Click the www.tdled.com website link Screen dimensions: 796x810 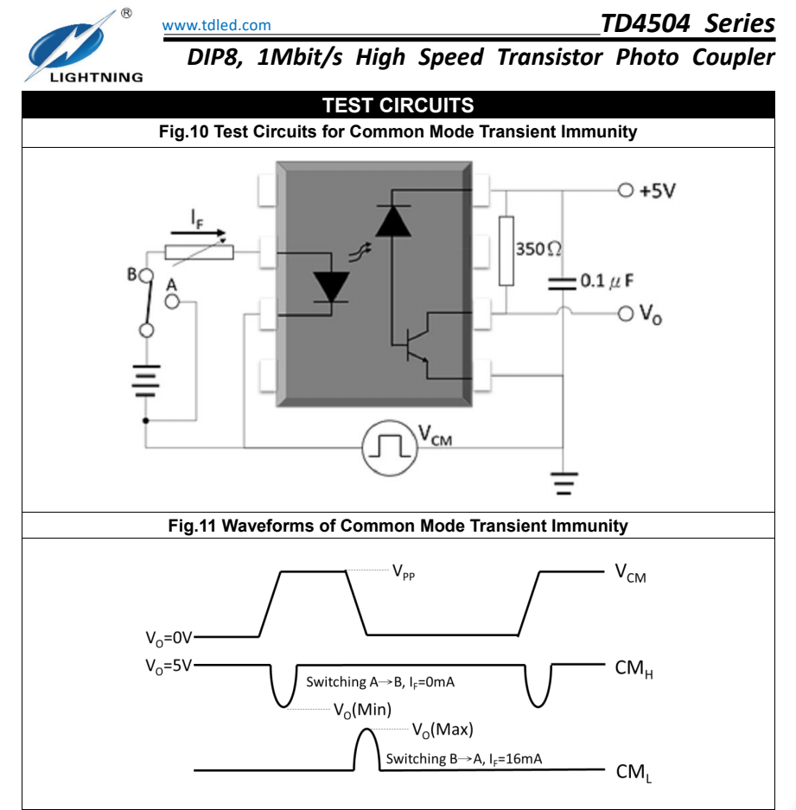coord(216,25)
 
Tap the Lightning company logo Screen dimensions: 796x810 coord(83,47)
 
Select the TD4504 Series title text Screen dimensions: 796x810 coord(687,23)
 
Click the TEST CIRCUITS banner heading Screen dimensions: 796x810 coord(398,105)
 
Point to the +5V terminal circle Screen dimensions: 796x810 coord(626,191)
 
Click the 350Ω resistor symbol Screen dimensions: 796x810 coord(506,251)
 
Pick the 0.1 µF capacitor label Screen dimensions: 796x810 coord(607,281)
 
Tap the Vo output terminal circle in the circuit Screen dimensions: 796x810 coord(626,313)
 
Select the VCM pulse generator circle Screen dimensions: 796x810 coord(390,448)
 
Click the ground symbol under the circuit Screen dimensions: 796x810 coord(564,483)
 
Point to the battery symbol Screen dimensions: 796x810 coord(147,380)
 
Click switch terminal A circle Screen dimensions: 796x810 coord(172,302)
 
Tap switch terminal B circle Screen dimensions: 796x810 coord(147,275)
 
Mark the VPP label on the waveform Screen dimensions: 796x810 coord(404,572)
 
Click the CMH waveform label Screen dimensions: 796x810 coord(634,668)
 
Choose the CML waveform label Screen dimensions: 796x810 coord(634,772)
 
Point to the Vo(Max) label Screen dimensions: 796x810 coord(443,730)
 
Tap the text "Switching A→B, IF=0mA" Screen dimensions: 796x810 coord(380,682)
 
